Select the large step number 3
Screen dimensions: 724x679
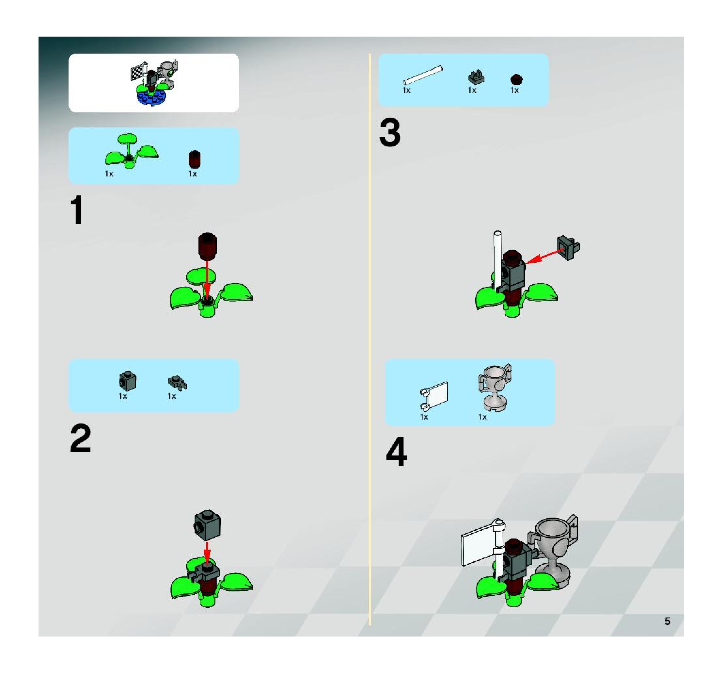pos(390,133)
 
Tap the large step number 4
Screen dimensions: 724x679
pos(396,452)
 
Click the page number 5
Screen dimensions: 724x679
pos(667,621)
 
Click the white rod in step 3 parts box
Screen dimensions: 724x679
pos(423,75)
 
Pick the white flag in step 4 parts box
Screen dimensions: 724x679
pos(434,397)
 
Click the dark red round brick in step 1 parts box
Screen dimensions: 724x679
pos(195,159)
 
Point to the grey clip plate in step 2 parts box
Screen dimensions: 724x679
pos(177,382)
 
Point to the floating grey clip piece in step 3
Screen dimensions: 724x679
pos(568,248)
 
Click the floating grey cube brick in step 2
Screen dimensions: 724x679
pos(207,525)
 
